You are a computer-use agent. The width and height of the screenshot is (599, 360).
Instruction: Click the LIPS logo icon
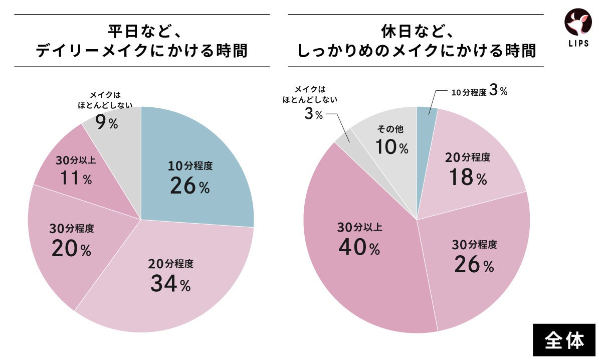[x=578, y=23]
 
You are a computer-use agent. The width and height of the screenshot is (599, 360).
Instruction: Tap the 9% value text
[x=106, y=123]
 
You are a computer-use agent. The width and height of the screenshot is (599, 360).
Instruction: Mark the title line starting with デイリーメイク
[x=141, y=51]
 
